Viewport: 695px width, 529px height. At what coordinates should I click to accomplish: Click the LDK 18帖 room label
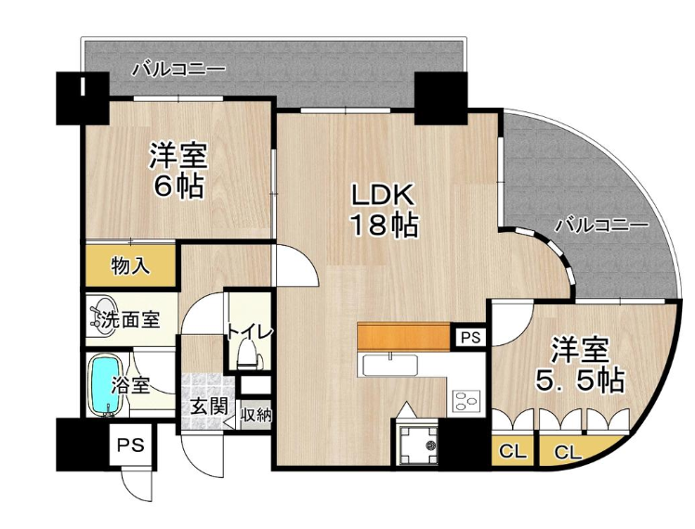384,210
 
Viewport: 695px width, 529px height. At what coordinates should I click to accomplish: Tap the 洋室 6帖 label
178,170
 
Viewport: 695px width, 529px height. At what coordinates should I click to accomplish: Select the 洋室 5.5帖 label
580,364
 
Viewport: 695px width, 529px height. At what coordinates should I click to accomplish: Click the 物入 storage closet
130,266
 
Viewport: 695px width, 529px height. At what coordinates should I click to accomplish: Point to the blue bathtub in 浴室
106,385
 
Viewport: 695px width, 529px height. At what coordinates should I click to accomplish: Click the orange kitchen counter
403,336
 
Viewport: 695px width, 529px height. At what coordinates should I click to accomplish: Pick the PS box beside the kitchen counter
470,338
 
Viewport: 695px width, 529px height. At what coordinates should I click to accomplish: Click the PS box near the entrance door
132,445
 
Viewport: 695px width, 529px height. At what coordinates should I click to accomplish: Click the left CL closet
513,451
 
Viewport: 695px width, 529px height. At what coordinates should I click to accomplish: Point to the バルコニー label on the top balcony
179,70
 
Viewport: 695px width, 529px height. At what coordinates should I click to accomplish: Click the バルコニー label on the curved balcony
602,226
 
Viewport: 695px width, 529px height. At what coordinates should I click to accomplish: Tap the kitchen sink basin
390,367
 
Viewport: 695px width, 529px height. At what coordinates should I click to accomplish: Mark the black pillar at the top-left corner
83,98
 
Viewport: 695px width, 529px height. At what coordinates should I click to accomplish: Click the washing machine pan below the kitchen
418,444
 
